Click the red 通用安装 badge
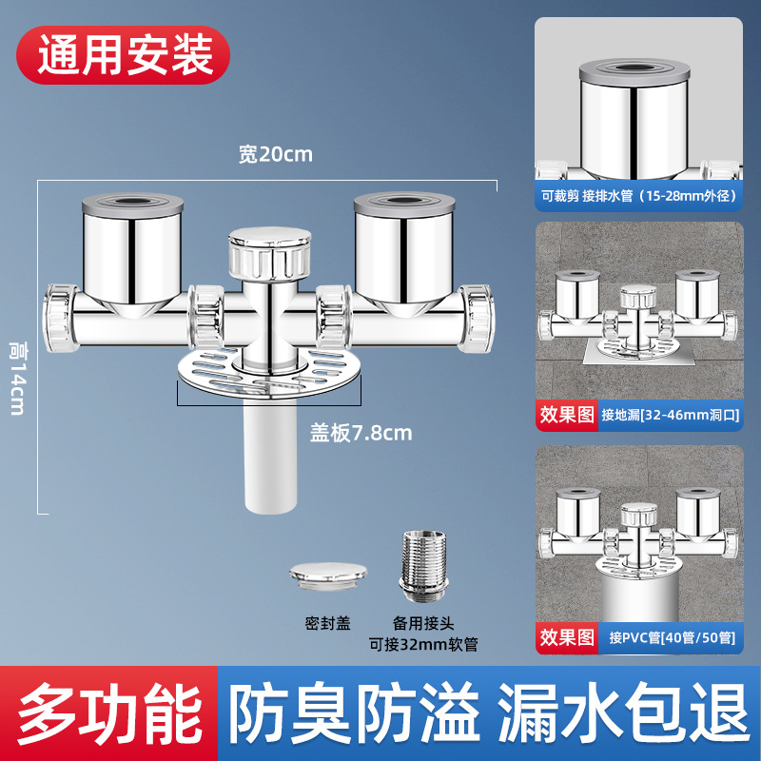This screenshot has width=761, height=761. [125, 55]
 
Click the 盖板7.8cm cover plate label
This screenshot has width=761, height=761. [361, 433]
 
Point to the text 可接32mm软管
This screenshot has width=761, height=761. [423, 644]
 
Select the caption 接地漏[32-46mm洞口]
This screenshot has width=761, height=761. [669, 415]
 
